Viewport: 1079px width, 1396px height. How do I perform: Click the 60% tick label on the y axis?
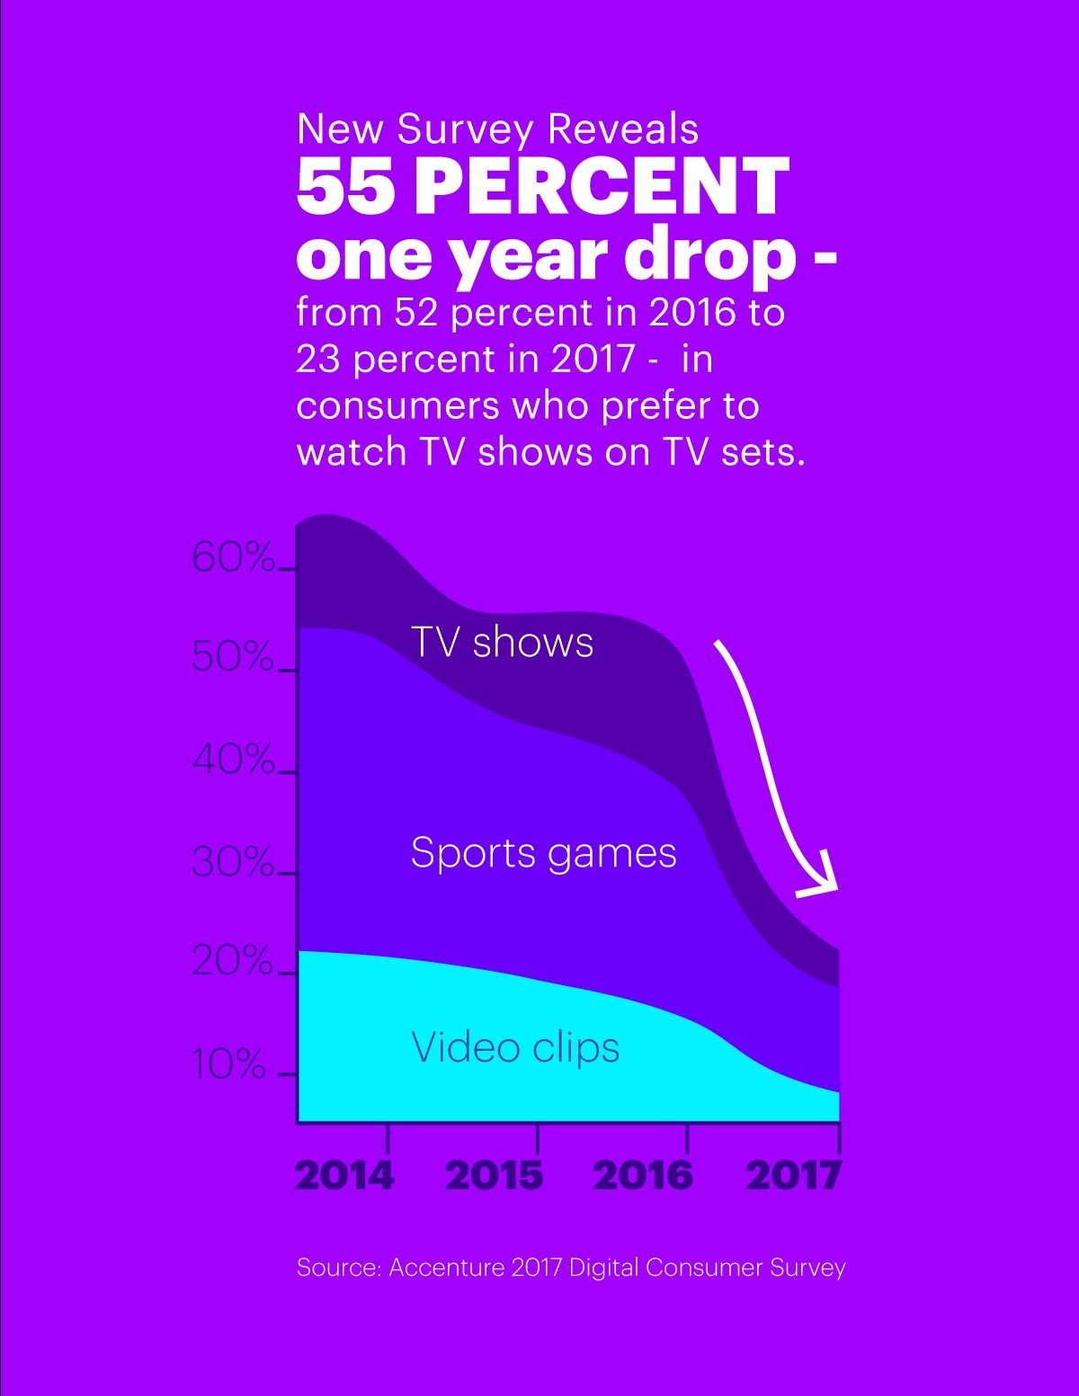click(x=232, y=558)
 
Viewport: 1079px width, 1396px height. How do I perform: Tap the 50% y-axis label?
click(x=232, y=658)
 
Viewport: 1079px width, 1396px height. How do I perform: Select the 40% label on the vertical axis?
click(x=232, y=760)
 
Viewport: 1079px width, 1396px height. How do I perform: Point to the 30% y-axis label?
click(x=232, y=863)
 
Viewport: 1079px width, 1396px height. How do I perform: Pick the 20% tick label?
click(x=232, y=962)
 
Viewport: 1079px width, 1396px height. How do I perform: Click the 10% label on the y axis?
click(x=229, y=1064)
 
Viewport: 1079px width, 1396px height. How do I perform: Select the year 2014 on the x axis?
click(x=344, y=1175)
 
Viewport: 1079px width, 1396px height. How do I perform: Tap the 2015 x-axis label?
click(x=494, y=1175)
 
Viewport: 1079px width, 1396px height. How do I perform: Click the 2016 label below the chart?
click(x=643, y=1175)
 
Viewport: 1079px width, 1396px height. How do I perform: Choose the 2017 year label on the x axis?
click(x=793, y=1175)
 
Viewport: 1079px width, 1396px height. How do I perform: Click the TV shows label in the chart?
click(x=502, y=643)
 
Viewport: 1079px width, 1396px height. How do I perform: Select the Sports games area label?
click(x=543, y=853)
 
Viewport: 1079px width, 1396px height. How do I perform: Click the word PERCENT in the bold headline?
click(x=602, y=186)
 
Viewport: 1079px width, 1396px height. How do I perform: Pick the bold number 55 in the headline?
click(x=345, y=186)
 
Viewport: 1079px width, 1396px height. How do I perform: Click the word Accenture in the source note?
click(x=446, y=1267)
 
